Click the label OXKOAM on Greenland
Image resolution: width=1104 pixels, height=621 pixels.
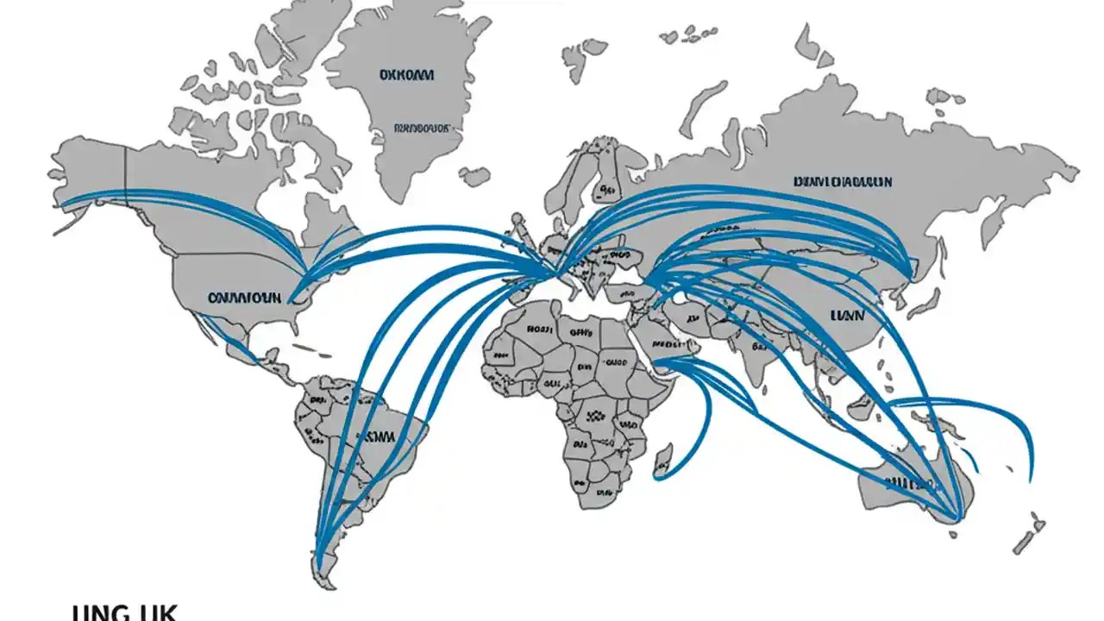(406, 76)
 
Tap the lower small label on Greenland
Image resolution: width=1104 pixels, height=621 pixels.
(422, 129)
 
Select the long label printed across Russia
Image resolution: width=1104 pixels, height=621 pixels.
(842, 182)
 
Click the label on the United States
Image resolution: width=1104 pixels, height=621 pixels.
(244, 298)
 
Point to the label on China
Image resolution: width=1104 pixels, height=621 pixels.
(845, 316)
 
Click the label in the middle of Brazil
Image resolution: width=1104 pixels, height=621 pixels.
(375, 436)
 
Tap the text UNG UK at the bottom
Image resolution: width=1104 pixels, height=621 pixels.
(124, 613)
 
